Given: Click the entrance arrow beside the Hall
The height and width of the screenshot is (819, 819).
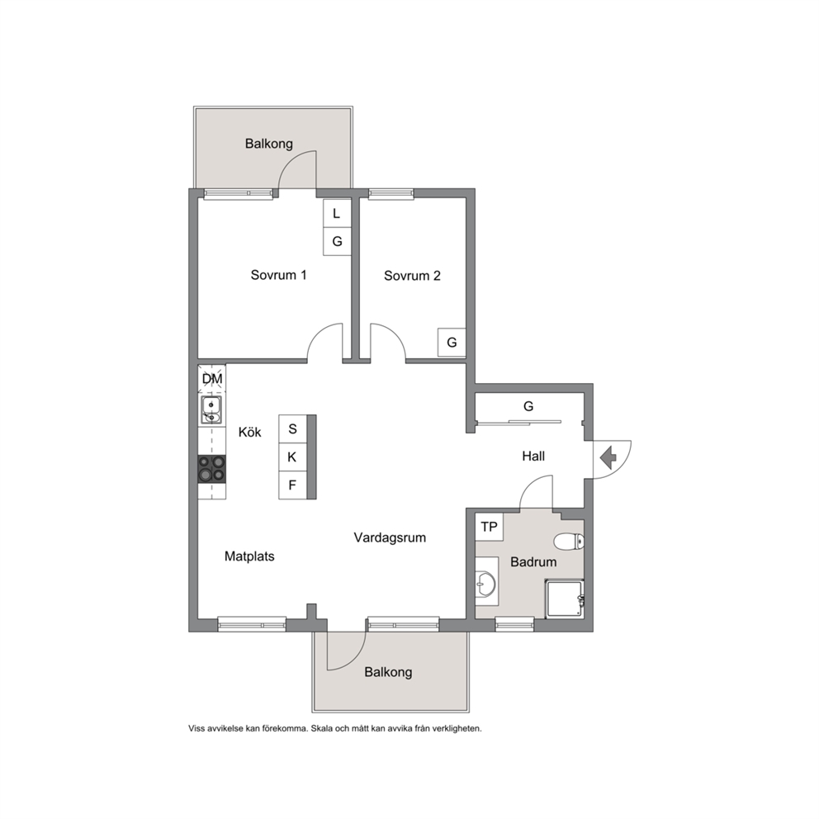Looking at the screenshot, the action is [x=608, y=458].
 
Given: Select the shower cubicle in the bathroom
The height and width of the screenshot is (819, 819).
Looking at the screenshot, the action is [x=564, y=599].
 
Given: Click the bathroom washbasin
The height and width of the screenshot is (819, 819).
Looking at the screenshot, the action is [x=486, y=581].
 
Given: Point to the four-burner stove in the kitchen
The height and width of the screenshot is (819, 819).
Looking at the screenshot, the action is [x=211, y=468].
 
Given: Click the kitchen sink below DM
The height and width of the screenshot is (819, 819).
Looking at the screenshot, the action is [x=211, y=409].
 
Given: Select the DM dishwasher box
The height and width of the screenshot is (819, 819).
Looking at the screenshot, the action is [x=212, y=379].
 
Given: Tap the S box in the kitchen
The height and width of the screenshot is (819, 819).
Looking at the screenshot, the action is [x=292, y=428].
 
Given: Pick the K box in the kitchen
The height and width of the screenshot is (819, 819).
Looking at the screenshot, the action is [x=292, y=457].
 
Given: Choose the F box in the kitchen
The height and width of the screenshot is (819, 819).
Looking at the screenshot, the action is [x=292, y=485].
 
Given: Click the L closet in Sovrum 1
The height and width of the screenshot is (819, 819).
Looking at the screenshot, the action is [x=337, y=213].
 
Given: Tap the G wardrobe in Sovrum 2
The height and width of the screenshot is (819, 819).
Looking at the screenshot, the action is [x=452, y=342].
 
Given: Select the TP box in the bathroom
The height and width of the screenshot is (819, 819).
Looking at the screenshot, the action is [x=490, y=527].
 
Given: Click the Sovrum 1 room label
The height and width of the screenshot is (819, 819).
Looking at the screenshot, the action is [x=278, y=275].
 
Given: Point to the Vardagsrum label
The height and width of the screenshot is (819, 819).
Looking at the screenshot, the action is [x=390, y=537].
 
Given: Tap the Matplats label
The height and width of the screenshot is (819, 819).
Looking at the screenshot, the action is [x=249, y=556].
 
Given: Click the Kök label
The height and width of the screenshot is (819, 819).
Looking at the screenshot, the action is [x=249, y=432].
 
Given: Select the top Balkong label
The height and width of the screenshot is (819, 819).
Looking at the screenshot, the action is [x=269, y=144].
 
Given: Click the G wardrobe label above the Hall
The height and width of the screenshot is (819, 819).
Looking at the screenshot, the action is [x=528, y=406].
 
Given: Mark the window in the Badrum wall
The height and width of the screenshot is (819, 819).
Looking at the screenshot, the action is [x=514, y=623].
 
